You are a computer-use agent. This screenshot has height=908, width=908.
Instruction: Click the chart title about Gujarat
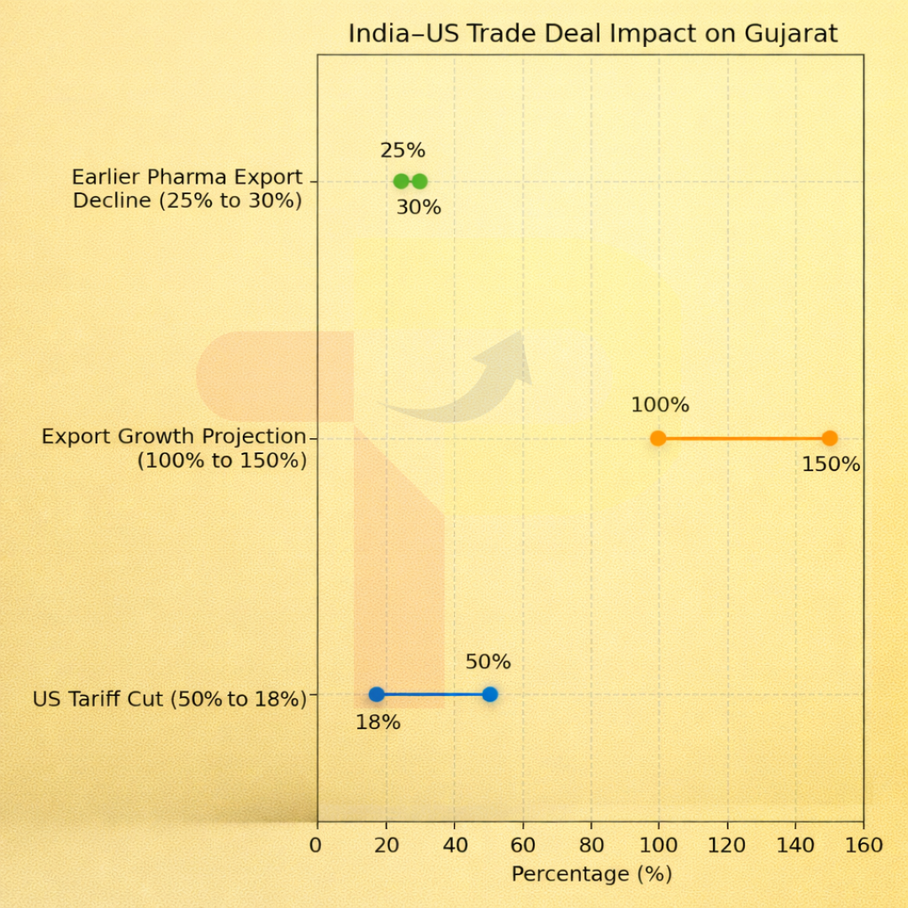(593, 34)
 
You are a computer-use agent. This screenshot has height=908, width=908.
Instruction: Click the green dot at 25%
(402, 181)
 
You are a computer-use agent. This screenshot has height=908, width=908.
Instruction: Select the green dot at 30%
(420, 181)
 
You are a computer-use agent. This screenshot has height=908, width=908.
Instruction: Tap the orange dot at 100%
(658, 438)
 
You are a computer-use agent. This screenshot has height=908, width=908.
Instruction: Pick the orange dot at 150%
(830, 438)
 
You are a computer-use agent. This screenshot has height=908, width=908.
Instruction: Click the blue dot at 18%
(377, 694)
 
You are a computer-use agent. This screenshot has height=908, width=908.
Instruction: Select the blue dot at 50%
(490, 694)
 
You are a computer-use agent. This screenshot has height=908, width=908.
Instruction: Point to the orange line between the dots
(744, 438)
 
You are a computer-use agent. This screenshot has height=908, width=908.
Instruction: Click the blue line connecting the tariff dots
(433, 694)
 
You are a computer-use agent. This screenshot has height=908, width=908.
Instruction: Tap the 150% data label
(831, 464)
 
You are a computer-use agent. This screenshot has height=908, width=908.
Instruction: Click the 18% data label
(377, 722)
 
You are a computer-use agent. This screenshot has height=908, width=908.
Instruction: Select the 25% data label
(403, 151)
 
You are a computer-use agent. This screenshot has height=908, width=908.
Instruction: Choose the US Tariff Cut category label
(169, 699)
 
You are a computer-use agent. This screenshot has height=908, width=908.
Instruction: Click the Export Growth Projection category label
(174, 448)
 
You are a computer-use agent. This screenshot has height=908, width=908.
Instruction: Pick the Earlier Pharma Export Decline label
(187, 189)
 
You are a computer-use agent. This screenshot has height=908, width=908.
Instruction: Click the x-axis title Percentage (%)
(591, 874)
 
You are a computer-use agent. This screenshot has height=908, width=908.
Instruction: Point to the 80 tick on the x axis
(591, 844)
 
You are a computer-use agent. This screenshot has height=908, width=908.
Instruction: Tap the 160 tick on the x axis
(863, 844)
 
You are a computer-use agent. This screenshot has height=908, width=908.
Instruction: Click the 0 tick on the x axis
(316, 844)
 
